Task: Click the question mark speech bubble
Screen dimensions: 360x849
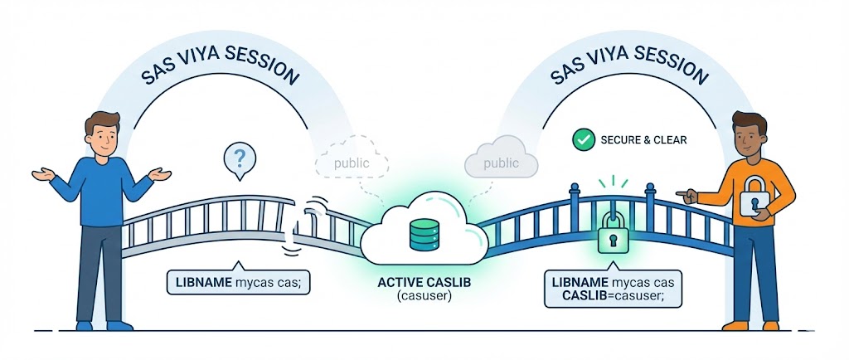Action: [240, 158]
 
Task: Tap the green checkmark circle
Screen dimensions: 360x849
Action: [585, 139]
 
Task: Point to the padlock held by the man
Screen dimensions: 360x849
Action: [757, 199]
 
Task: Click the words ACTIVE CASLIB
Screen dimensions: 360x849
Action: [424, 283]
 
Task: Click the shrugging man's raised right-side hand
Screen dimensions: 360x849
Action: [158, 173]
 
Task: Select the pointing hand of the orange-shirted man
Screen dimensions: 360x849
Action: [686, 195]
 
